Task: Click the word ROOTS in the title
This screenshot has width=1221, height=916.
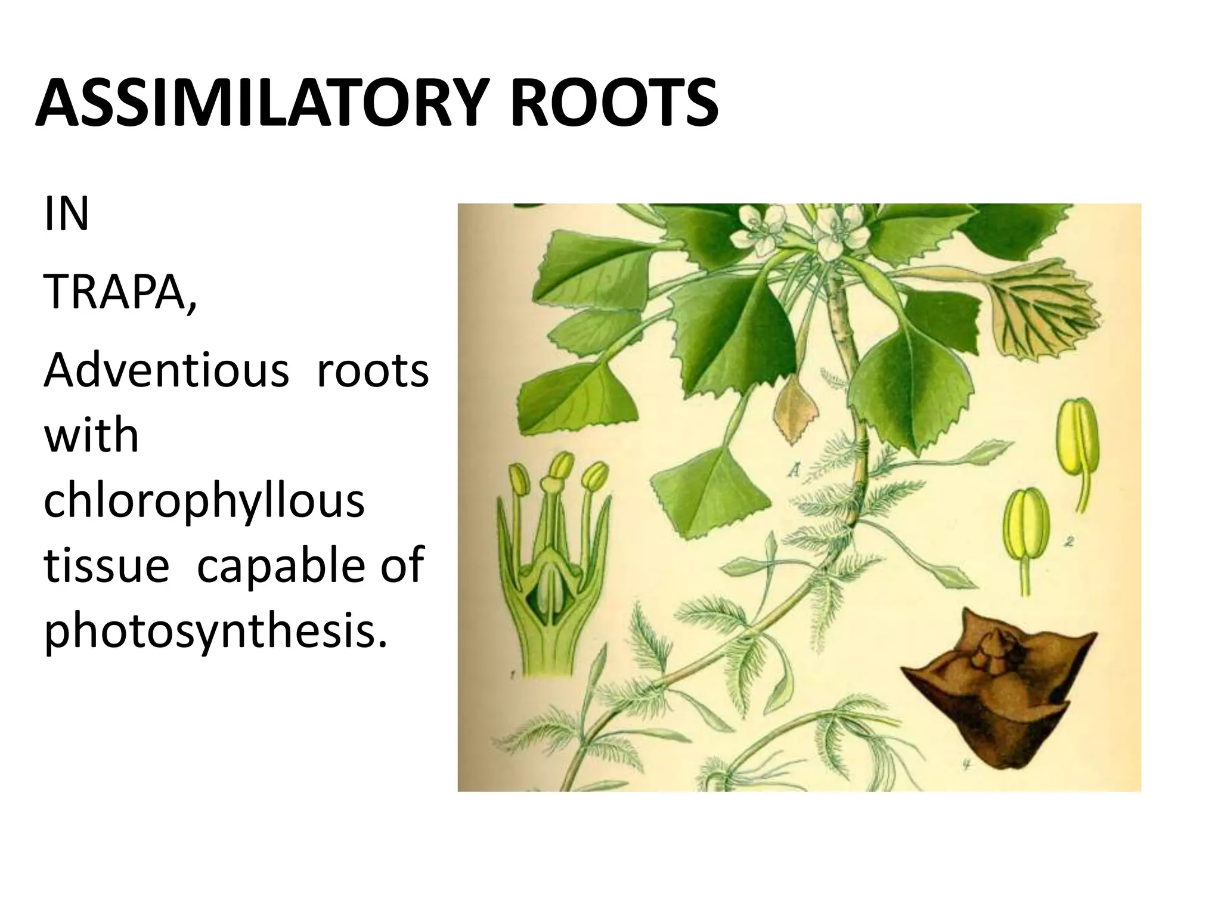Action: click(x=614, y=104)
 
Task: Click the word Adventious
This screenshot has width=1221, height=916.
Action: click(x=166, y=370)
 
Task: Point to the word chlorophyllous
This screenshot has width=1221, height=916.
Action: click(x=204, y=501)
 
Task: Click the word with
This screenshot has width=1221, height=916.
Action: click(x=91, y=435)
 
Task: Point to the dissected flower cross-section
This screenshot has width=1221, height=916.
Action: click(x=551, y=561)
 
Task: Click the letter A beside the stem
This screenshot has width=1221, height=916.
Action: click(x=794, y=472)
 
